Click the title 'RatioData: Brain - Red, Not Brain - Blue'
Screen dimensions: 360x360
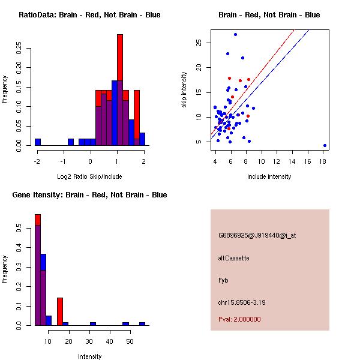tap(89, 14)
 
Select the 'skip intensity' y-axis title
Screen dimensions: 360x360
tap(185, 90)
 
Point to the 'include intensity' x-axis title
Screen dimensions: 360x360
tap(269, 176)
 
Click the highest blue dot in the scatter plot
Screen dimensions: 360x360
tap(235, 34)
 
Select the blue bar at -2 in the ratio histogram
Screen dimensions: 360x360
tap(38, 142)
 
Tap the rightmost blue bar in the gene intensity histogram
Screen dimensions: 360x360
tap(142, 324)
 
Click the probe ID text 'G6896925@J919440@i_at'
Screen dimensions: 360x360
tap(257, 235)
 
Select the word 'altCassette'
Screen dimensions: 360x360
tap(234, 258)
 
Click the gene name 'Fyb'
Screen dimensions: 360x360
tap(223, 280)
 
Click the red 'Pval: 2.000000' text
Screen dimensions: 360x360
tap(239, 319)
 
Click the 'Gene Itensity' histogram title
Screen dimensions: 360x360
tap(89, 195)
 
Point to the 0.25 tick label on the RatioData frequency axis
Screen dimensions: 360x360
tap(19, 48)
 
